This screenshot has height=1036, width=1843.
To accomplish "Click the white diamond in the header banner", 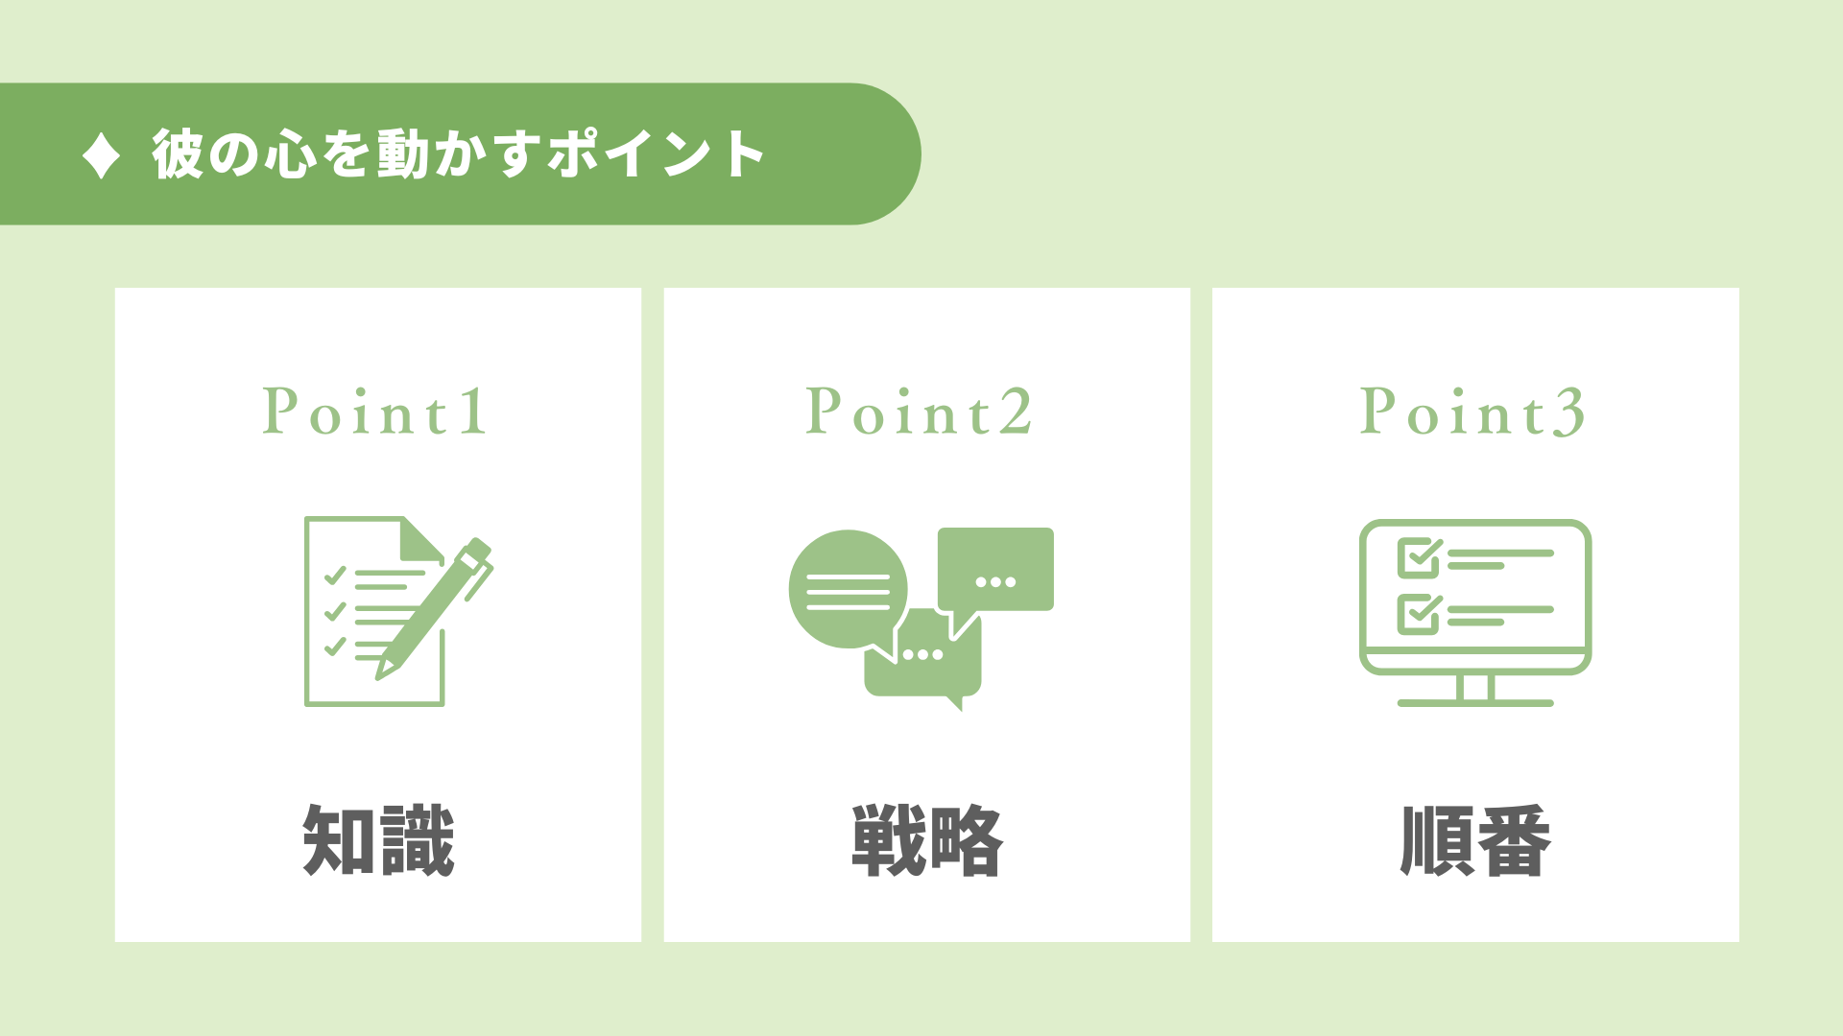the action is click(x=101, y=154).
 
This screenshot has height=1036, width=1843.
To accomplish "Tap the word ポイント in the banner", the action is click(x=656, y=153).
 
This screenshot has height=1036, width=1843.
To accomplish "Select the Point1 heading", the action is click(x=374, y=412).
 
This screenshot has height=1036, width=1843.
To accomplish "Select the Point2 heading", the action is click(x=919, y=412).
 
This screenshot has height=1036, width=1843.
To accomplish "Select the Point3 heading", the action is click(x=1472, y=412).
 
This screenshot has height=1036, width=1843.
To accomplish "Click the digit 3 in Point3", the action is click(x=1568, y=412).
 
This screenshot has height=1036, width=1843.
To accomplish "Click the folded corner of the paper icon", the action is click(x=421, y=539).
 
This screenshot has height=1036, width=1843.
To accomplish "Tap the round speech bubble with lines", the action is click(x=848, y=590).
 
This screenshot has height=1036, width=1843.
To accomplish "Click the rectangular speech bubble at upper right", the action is click(x=995, y=576).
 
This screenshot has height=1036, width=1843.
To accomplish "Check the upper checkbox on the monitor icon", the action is click(x=1420, y=557).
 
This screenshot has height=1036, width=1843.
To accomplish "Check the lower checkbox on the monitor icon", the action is click(x=1420, y=614).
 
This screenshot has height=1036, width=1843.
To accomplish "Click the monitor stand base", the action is click(x=1475, y=703).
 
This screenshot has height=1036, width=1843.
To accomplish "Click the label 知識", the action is click(x=378, y=840).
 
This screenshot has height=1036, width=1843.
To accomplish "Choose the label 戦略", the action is click(x=927, y=840).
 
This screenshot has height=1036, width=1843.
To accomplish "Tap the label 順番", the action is click(x=1475, y=840).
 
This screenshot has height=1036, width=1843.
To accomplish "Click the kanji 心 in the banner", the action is click(x=289, y=153).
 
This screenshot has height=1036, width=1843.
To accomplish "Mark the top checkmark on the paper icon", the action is click(x=335, y=576).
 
